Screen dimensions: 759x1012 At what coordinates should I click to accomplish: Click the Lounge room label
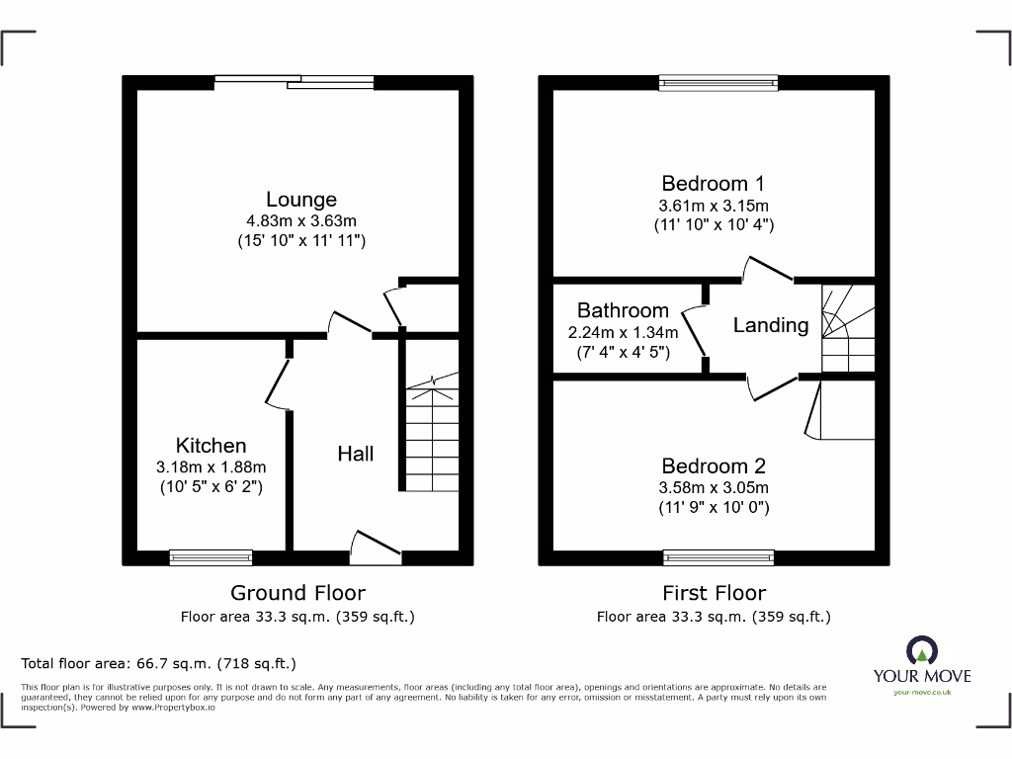[x=300, y=200]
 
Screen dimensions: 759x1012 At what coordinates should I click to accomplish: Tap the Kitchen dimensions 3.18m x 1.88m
[x=211, y=467]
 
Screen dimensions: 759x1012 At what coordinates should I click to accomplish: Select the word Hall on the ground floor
[x=356, y=454]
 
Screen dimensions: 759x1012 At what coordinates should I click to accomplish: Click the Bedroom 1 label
[x=713, y=183]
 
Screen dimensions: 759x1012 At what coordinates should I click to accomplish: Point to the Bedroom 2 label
[x=714, y=465]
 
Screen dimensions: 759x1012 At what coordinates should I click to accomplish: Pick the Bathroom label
[x=623, y=310]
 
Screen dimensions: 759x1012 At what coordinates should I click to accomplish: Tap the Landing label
[x=770, y=325]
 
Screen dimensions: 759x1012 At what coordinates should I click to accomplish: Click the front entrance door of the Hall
[x=377, y=547]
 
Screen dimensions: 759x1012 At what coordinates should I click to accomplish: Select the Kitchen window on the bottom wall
[x=211, y=558]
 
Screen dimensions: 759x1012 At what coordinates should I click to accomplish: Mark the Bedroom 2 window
[x=718, y=558]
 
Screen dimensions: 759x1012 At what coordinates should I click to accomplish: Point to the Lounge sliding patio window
[x=294, y=83]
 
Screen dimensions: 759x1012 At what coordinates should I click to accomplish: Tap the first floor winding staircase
[x=847, y=327]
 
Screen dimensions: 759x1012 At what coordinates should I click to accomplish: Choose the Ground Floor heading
[x=297, y=593]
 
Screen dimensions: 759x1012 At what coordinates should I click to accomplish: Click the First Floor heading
[x=714, y=593]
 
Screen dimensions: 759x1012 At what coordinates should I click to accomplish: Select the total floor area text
[x=159, y=664]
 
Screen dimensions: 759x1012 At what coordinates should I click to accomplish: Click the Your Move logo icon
[x=921, y=651]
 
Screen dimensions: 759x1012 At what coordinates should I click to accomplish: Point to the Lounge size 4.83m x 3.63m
[x=301, y=220]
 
